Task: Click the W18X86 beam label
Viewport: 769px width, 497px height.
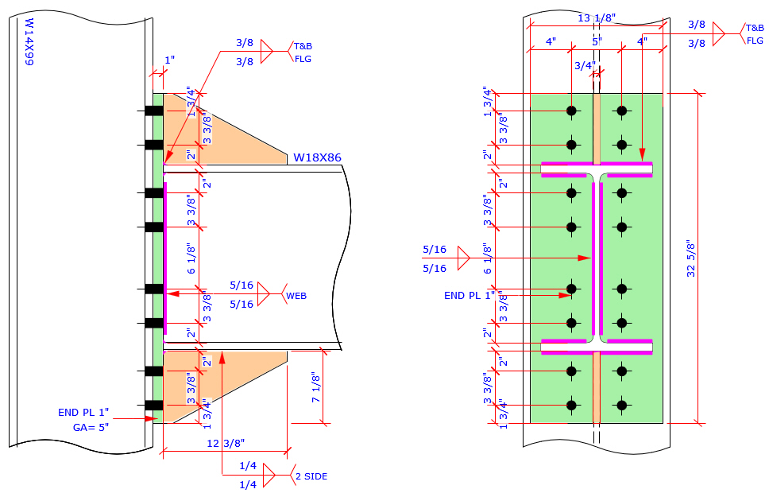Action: pos(317,157)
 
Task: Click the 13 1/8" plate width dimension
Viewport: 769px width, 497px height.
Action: pos(596,18)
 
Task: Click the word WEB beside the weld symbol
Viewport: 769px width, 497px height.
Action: pos(296,295)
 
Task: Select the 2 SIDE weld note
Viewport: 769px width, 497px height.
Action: pos(311,476)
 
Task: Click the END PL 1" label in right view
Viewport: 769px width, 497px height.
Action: pos(470,295)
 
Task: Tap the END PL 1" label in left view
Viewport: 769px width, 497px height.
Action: pos(83,413)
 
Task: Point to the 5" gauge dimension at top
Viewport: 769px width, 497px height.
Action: pos(597,41)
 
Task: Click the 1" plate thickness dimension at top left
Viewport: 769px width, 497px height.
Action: pos(168,60)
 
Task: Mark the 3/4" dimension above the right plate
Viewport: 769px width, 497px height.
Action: pos(584,66)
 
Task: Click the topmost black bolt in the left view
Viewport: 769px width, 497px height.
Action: pos(153,111)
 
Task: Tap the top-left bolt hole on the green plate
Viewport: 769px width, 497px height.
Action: pos(570,111)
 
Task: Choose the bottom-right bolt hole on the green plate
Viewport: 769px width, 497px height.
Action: pos(621,406)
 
